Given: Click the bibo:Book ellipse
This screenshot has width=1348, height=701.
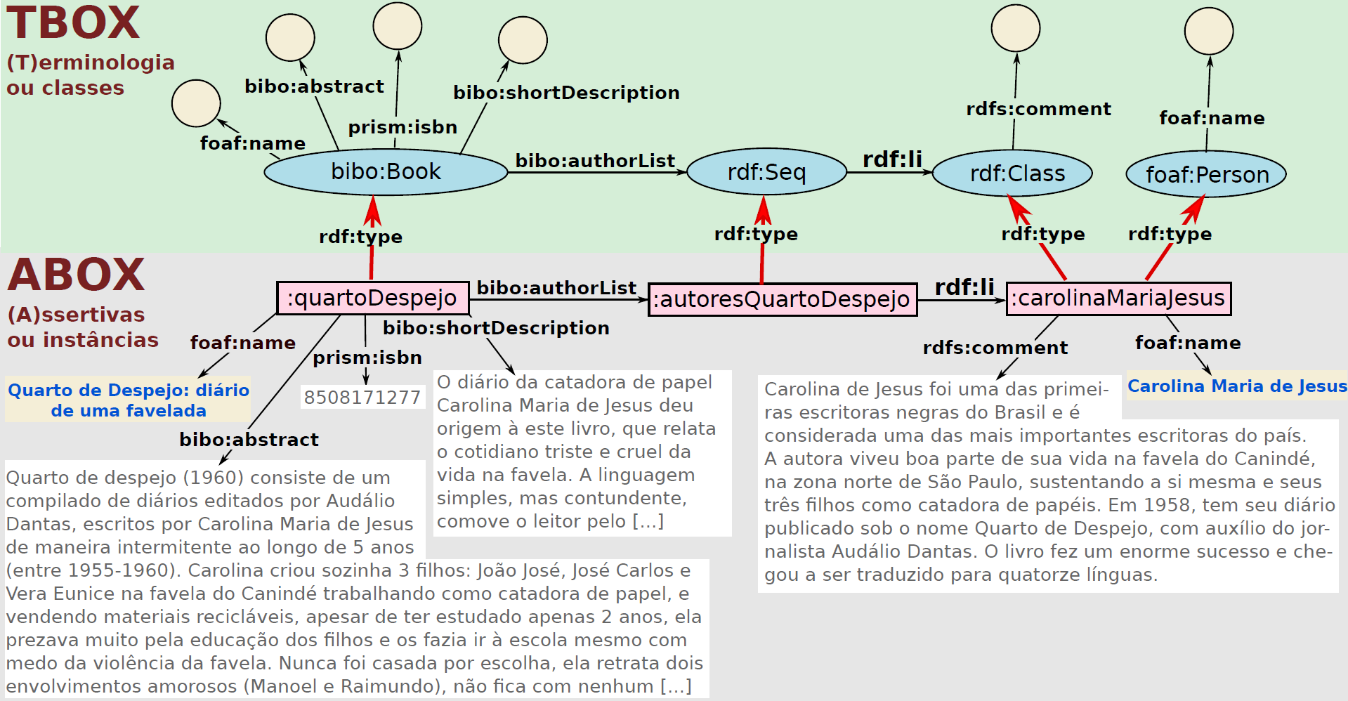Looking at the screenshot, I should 386,172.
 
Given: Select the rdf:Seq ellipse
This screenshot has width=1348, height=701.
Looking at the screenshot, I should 766,172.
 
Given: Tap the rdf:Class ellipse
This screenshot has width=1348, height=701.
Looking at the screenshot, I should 1012,173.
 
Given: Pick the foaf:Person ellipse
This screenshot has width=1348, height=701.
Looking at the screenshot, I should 1206,174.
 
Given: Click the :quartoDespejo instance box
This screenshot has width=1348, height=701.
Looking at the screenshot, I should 372,299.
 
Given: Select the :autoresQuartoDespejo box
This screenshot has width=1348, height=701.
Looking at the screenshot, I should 782,300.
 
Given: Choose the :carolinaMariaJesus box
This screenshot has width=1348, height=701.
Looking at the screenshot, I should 1118,299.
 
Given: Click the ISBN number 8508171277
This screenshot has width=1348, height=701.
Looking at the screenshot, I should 362,398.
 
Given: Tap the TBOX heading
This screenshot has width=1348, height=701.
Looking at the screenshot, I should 73,23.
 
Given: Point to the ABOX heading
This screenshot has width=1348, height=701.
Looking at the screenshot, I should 76,275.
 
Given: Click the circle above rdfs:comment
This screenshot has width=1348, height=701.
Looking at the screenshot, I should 1016,28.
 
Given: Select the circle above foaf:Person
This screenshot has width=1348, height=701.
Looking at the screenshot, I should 1209,32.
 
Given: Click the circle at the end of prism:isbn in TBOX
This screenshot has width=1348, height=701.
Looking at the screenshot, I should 398,25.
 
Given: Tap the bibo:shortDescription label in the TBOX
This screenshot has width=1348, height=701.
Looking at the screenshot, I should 566,93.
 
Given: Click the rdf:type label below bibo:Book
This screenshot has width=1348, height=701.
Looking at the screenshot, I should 360,237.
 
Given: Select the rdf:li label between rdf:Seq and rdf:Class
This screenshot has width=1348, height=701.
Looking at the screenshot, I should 892,159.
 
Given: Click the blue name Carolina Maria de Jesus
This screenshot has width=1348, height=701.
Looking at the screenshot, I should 1237,386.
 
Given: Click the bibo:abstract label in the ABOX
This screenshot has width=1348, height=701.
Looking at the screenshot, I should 249,440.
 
